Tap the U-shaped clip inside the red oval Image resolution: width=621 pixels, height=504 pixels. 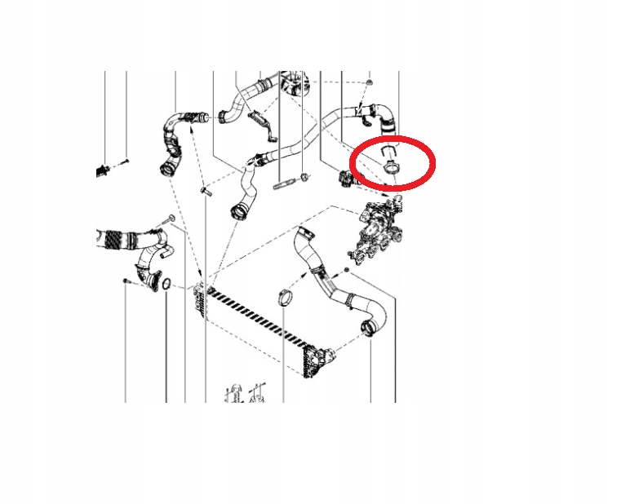(390, 151)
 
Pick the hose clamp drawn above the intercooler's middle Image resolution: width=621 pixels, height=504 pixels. (282, 295)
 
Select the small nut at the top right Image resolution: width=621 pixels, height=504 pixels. (369, 84)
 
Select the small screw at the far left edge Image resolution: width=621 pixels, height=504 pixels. (126, 162)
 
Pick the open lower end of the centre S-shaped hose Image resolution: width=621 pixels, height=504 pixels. (240, 214)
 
